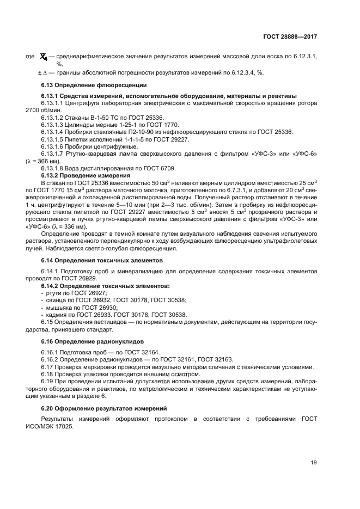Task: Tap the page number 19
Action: click(314, 463)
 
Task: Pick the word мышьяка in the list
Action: click(57, 307)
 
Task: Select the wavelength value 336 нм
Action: click(83, 227)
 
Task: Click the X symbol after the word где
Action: click(45, 57)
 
